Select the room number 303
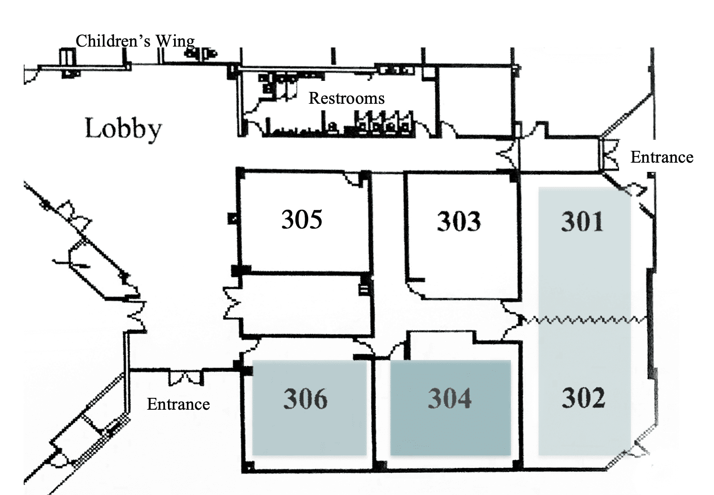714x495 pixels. click(459, 221)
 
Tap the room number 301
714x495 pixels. click(582, 221)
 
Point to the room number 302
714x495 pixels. click(583, 397)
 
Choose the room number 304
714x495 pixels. click(450, 398)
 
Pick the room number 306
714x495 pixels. click(305, 399)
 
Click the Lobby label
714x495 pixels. click(123, 129)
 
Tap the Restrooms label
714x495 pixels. click(346, 98)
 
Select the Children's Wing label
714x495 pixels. click(135, 41)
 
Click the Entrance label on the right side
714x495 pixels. click(662, 157)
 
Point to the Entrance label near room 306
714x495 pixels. click(178, 404)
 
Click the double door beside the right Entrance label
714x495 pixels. click(608, 155)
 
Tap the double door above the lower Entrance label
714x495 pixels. click(186, 377)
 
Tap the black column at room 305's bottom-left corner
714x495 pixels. click(240, 270)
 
